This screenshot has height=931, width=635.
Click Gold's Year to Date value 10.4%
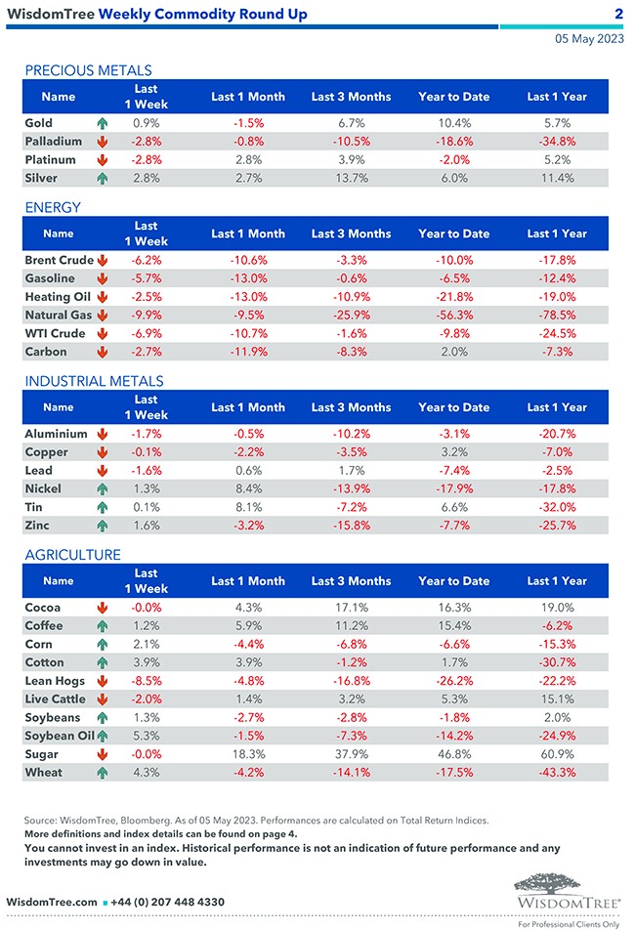click(x=454, y=123)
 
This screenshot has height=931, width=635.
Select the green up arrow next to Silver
click(x=102, y=179)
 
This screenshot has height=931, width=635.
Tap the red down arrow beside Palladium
click(x=102, y=142)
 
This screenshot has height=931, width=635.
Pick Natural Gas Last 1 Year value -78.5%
click(x=556, y=316)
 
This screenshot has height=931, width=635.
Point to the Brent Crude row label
click(x=59, y=261)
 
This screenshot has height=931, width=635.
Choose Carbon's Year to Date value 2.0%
click(x=454, y=352)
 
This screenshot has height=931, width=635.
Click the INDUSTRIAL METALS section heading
click(x=94, y=381)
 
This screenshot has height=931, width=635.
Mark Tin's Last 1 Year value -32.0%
click(x=556, y=507)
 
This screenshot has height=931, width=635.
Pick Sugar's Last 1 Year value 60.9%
click(x=556, y=754)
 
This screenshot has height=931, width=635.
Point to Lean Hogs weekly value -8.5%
click(x=146, y=681)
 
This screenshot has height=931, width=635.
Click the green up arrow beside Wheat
click(x=102, y=773)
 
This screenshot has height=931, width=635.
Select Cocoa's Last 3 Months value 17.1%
click(x=351, y=608)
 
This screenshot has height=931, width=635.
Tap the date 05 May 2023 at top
click(x=588, y=39)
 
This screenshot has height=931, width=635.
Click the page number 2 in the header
click(x=618, y=14)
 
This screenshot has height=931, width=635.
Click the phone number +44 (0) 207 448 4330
click(x=169, y=902)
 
